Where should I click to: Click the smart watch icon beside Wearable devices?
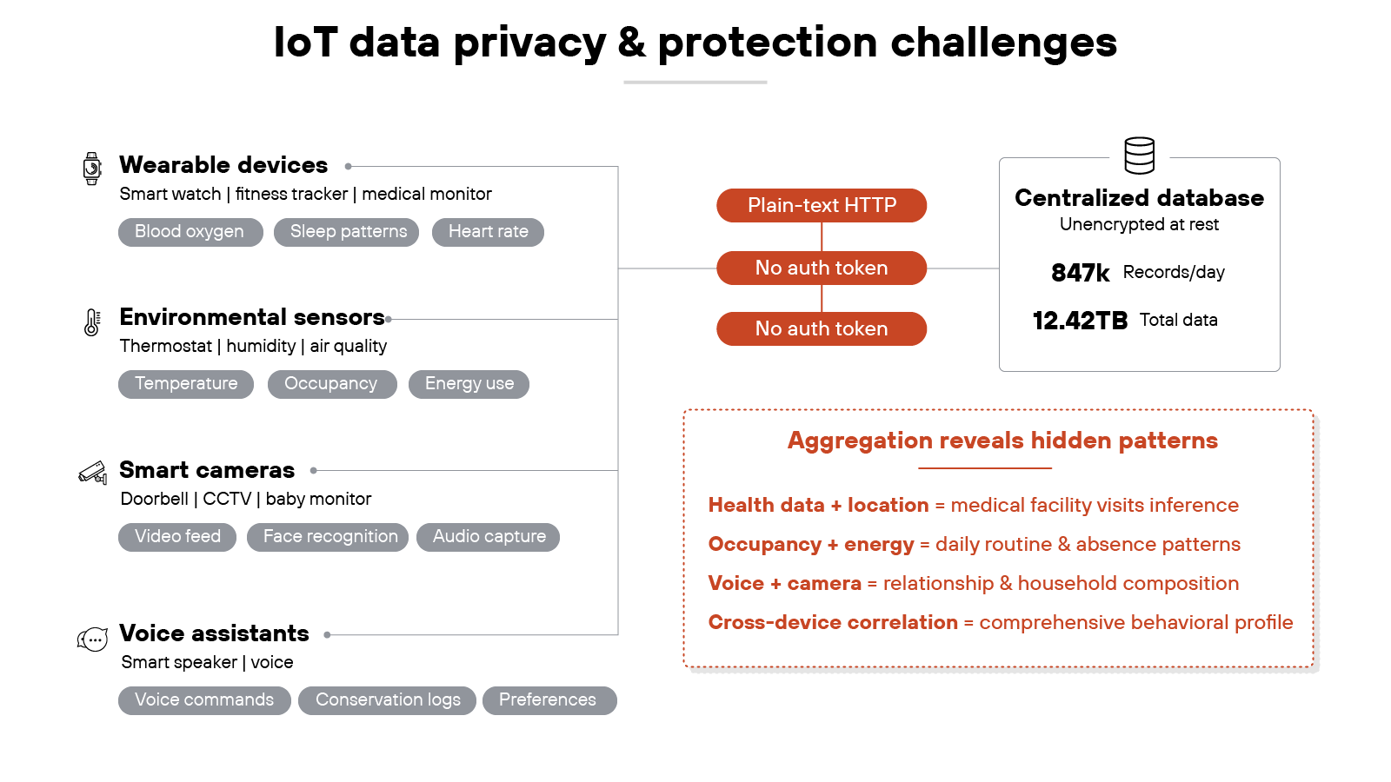(91, 169)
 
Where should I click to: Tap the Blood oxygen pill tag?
(190, 232)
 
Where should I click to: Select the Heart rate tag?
(488, 232)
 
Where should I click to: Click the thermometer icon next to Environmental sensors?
(91, 321)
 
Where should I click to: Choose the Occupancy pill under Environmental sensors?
(331, 384)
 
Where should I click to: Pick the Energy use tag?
(469, 384)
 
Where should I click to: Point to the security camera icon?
(92, 473)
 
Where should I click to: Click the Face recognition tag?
(329, 537)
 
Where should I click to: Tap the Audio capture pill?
(489, 537)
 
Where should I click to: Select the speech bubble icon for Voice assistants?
(92, 640)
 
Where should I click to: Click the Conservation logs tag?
(388, 700)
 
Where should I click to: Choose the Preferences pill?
(548, 700)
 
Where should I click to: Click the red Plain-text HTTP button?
(821, 206)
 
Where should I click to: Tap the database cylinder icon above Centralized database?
(1139, 156)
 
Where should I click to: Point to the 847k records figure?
(1080, 273)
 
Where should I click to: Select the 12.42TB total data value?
(1080, 321)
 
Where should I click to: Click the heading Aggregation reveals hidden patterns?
(1002, 441)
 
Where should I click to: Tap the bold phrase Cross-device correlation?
(832, 623)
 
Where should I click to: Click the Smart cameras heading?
(207, 470)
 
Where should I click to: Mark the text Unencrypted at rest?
(1139, 225)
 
